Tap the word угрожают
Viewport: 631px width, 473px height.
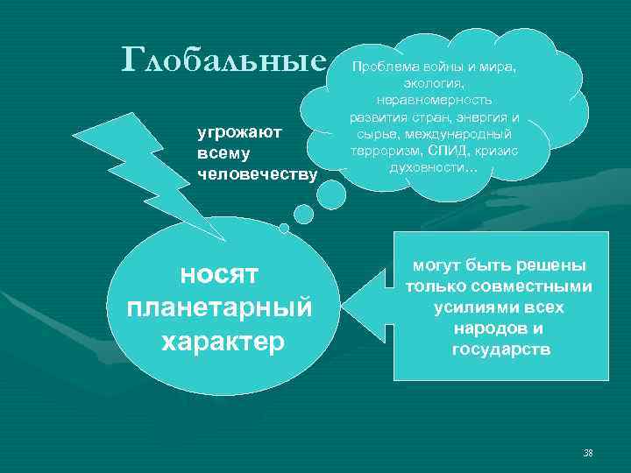238,131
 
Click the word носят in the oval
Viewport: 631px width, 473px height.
219,275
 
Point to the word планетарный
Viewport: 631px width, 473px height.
219,308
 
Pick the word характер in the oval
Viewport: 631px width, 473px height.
223,341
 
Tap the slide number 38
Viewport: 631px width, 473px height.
588,453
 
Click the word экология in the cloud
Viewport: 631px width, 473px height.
434,83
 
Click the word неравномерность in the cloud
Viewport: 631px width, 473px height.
435,100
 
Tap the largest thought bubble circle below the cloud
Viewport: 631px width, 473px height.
331,195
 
